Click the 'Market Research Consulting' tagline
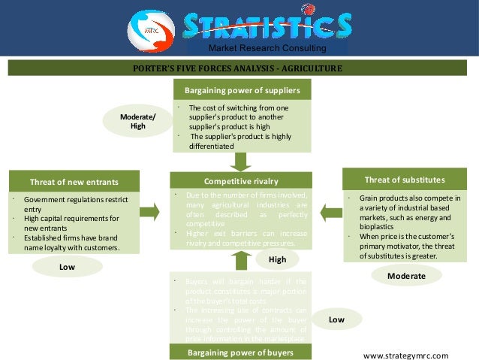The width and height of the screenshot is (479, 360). [267, 49]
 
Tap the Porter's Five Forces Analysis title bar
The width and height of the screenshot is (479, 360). [236, 68]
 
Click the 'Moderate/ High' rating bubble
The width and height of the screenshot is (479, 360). [137, 121]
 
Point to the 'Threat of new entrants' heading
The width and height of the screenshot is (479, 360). [74, 181]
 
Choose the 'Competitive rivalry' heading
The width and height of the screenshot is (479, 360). [241, 180]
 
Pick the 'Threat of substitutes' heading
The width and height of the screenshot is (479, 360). [404, 180]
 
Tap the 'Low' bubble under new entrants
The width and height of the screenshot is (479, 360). [67, 266]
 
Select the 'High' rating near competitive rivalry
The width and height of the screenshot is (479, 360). [277, 259]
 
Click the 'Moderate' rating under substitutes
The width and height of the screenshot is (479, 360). [406, 276]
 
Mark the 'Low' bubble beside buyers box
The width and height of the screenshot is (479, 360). [336, 319]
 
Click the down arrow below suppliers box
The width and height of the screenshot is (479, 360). [241, 160]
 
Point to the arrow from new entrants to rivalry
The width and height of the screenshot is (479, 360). [149, 211]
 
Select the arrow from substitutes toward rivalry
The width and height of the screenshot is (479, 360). [330, 211]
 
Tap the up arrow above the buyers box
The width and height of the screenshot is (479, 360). [240, 260]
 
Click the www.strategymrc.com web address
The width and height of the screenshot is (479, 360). [405, 355]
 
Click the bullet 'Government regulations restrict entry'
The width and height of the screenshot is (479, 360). [76, 204]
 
